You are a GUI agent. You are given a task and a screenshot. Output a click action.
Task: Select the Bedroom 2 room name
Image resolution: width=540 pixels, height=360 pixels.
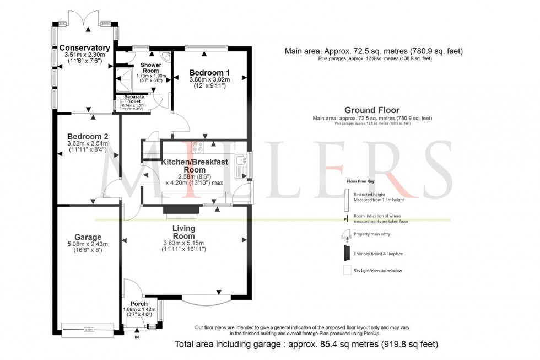(88, 137)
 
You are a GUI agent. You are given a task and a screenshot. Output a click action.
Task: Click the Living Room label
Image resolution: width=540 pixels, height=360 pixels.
(183, 232)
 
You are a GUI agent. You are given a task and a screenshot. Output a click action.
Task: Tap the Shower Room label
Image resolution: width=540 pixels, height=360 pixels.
(151, 68)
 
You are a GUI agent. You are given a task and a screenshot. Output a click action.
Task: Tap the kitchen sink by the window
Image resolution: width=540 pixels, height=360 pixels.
(241, 161)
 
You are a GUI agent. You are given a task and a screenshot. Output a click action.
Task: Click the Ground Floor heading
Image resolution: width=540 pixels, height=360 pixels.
(372, 110)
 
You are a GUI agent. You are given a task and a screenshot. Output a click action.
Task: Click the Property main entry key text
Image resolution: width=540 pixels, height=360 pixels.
(373, 234)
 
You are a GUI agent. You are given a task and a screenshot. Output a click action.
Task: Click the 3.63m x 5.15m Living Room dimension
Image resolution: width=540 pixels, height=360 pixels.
(183, 243)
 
